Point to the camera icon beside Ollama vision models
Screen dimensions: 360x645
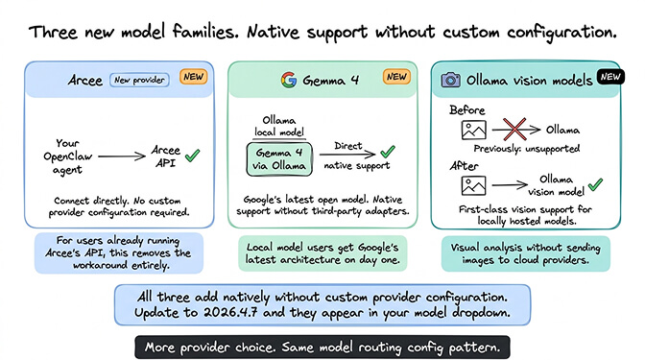pos(449,80)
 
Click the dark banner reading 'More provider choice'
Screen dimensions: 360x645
pos(323,344)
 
